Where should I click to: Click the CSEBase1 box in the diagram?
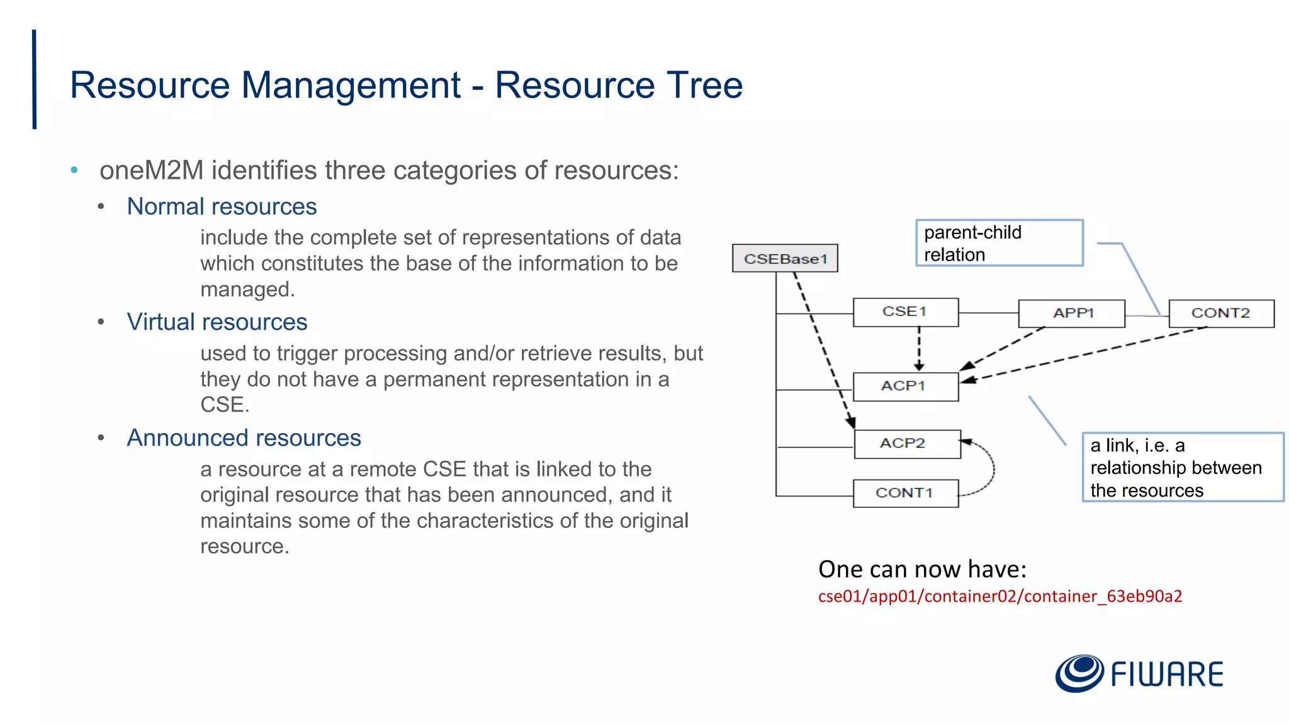tap(785, 259)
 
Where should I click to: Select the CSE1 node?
tap(905, 312)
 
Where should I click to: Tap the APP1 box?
tap(1071, 313)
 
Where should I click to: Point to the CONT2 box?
tap(1221, 313)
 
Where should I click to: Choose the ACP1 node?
tap(905, 386)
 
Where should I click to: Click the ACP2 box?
tap(907, 444)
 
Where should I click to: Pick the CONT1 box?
tap(905, 493)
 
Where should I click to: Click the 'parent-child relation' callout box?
tap(999, 243)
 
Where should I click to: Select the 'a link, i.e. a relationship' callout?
tap(1182, 467)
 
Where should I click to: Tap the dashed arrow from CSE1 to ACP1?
tap(919, 348)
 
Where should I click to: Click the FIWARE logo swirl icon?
tap(1079, 673)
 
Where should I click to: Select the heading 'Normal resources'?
tap(222, 206)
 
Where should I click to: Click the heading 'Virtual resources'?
tap(217, 322)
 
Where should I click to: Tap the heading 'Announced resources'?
tap(244, 438)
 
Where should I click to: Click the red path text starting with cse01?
tap(999, 596)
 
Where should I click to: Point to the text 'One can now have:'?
tap(922, 569)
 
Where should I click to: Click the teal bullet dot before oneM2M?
tap(74, 170)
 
